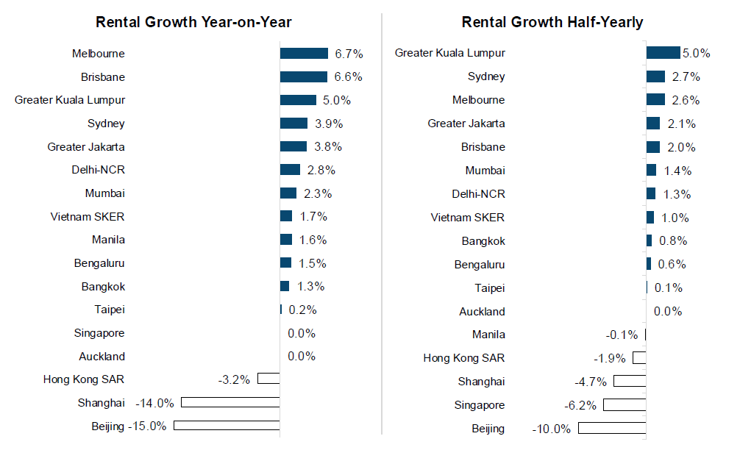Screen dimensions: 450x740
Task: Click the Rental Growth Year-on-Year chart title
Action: [193, 22]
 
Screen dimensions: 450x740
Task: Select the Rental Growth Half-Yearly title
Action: [552, 22]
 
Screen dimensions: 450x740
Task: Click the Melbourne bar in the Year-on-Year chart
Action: [304, 54]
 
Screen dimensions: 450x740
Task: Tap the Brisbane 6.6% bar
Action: [303, 77]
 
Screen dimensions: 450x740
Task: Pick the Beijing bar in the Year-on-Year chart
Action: [227, 426]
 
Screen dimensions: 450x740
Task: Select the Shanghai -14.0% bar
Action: [230, 403]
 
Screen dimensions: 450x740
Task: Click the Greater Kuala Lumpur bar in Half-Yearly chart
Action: [663, 53]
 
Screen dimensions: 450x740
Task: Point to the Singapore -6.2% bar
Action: [624, 405]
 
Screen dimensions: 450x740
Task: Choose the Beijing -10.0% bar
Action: [612, 429]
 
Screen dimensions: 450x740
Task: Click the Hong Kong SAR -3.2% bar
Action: [268, 379]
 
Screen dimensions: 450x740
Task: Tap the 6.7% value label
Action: [349, 54]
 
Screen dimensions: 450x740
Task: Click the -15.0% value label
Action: [147, 426]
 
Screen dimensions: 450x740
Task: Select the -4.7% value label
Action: [590, 382]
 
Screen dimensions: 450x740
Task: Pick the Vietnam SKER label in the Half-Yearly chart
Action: [468, 218]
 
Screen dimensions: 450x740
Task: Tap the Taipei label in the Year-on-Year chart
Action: [110, 310]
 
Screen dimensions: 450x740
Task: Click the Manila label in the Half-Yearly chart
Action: [488, 335]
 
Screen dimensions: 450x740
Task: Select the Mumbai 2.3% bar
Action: [288, 193]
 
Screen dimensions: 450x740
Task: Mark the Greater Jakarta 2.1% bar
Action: [653, 124]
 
